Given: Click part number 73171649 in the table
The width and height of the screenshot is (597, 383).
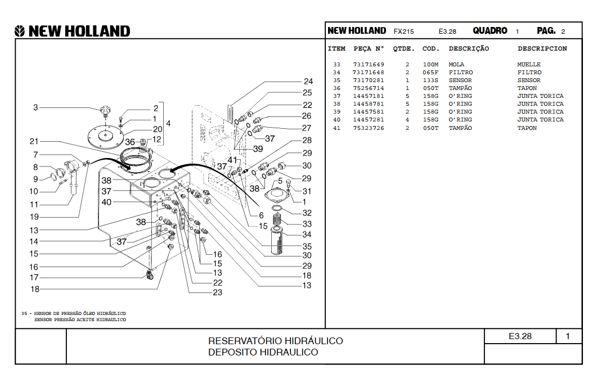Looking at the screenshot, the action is [x=368, y=64].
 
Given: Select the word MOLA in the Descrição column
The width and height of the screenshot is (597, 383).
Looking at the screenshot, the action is [x=456, y=64].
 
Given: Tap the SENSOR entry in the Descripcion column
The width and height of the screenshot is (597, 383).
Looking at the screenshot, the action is [x=528, y=80].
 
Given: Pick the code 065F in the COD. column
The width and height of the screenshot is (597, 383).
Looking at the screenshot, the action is [x=430, y=73].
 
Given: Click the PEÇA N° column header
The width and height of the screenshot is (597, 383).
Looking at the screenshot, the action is [x=369, y=49].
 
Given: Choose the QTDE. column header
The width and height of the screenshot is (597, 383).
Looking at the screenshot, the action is [x=403, y=49].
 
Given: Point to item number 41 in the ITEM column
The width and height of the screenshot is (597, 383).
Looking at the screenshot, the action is [x=336, y=128].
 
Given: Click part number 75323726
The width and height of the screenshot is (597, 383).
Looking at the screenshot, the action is [x=368, y=128].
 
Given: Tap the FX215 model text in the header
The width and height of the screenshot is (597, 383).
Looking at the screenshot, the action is [x=403, y=31].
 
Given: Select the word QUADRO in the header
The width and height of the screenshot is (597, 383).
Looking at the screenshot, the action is [x=490, y=31].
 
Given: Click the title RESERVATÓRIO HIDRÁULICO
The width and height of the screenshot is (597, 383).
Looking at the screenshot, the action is [x=275, y=341].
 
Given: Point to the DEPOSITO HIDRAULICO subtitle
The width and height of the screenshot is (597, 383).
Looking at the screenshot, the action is [x=263, y=352].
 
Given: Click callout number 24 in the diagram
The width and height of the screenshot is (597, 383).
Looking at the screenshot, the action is [x=308, y=82].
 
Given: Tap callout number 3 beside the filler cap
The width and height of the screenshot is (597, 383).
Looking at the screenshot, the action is [x=35, y=107].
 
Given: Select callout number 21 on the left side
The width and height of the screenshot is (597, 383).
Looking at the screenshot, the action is [x=34, y=141].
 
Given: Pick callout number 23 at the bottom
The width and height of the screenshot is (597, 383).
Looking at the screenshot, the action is [x=217, y=292].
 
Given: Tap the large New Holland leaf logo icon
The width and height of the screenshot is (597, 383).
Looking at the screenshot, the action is [x=20, y=31].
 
